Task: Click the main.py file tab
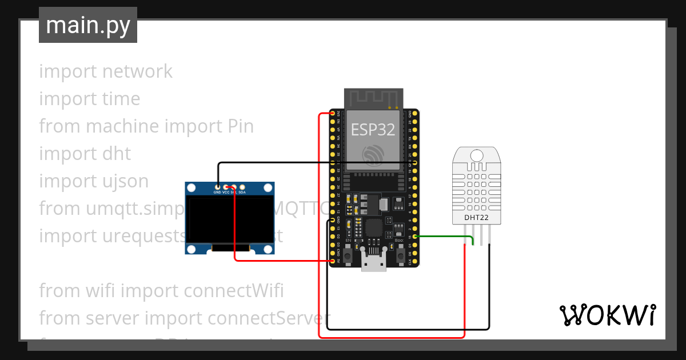88,25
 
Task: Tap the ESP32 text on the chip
373,130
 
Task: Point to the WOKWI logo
607,315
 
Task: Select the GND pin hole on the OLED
218,187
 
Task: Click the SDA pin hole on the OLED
242,187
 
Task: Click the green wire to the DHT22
446,236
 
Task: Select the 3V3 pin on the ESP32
333,114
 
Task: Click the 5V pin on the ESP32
333,261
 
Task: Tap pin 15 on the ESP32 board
415,236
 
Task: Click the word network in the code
137,71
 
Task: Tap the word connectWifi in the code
233,291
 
